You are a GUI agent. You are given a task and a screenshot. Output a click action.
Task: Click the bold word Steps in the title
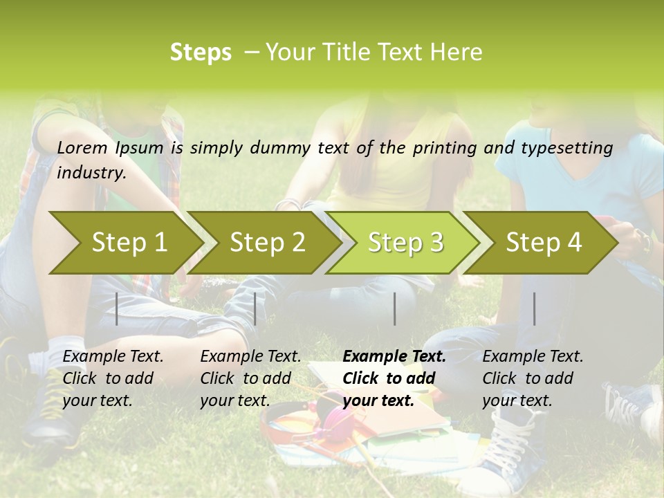201,53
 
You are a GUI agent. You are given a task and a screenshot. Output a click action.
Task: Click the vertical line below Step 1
117,308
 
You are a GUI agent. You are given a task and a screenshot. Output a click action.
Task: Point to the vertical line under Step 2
255,308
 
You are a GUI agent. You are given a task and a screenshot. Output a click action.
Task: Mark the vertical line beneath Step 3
395,308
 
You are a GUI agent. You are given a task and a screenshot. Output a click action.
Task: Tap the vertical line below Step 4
535,308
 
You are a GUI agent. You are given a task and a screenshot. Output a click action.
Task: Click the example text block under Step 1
113,378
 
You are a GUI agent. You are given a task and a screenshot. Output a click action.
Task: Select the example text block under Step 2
250,378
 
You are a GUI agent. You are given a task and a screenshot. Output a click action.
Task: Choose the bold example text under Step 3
394,378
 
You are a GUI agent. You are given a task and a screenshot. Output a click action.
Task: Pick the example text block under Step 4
533,378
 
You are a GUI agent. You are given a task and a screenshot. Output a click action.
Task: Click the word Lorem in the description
82,147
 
